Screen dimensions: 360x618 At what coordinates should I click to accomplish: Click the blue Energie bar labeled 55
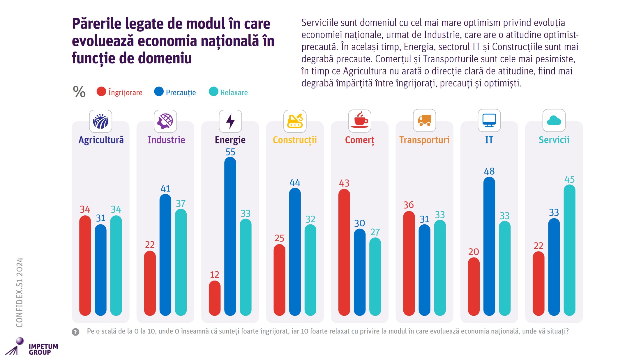pyautogui.click(x=230, y=236)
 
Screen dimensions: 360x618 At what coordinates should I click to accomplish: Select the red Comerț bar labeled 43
pyautogui.click(x=344, y=252)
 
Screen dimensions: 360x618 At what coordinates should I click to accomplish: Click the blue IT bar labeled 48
pyautogui.click(x=489, y=246)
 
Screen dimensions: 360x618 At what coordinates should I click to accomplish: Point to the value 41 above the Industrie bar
pyautogui.click(x=165, y=189)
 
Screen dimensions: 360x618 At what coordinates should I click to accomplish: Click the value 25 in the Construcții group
pyautogui.click(x=279, y=238)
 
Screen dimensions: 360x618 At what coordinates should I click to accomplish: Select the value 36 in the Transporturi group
pyautogui.click(x=408, y=205)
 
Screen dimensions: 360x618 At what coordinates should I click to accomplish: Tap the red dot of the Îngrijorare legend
pyautogui.click(x=101, y=92)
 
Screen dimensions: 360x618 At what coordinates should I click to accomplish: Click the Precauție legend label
pyautogui.click(x=181, y=93)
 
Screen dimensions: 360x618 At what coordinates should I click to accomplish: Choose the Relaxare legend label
pyautogui.click(x=234, y=93)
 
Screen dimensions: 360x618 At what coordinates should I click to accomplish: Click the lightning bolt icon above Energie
pyautogui.click(x=230, y=121)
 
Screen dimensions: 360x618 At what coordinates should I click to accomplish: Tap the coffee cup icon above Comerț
pyautogui.click(x=360, y=120)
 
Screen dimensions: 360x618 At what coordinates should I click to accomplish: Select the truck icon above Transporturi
pyautogui.click(x=424, y=120)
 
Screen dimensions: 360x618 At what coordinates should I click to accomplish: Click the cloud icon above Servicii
pyautogui.click(x=554, y=120)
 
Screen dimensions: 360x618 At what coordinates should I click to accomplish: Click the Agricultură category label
pyautogui.click(x=101, y=140)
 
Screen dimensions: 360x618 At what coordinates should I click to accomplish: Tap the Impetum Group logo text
pyautogui.click(x=43, y=349)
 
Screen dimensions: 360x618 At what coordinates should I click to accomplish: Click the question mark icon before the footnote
pyautogui.click(x=75, y=332)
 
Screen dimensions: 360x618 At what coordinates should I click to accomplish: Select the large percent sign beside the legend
pyautogui.click(x=79, y=92)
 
